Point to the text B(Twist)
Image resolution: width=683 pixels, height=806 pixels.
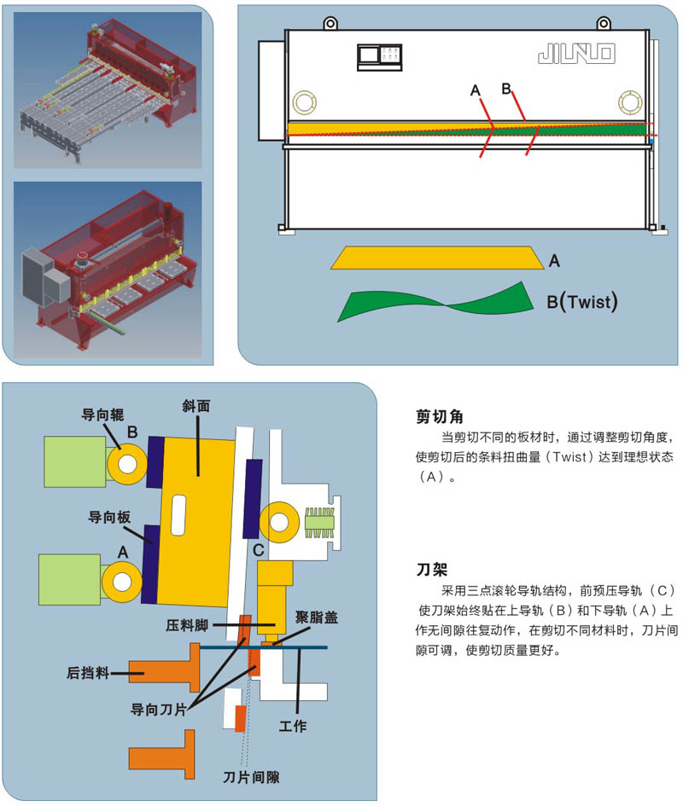581,301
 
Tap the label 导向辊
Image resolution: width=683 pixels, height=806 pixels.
101,415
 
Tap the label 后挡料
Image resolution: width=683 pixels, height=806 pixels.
88,672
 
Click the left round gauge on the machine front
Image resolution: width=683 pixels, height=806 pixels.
305,103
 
